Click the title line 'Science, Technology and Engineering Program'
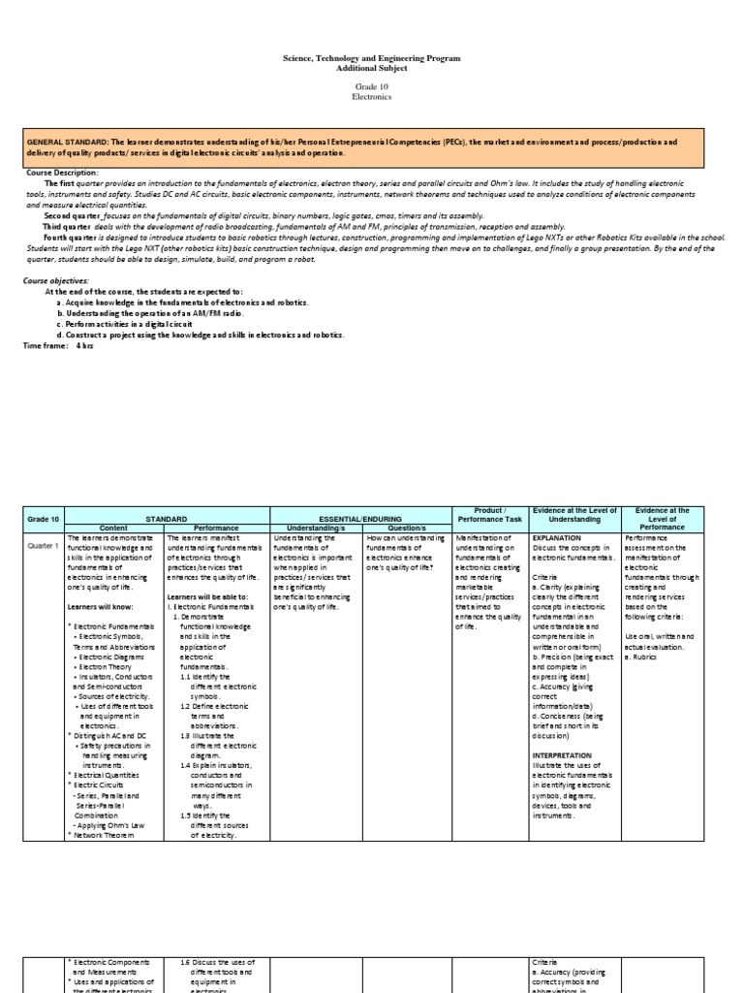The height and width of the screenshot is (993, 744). [372, 59]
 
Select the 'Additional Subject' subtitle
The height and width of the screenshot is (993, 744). [372, 69]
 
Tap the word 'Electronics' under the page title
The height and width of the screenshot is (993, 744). [372, 98]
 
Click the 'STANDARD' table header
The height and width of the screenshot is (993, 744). [166, 519]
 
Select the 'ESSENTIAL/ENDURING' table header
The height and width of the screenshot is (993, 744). [357, 519]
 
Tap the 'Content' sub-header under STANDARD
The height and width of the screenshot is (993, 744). [112, 529]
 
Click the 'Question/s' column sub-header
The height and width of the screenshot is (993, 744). [404, 529]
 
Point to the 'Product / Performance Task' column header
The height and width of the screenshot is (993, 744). [488, 514]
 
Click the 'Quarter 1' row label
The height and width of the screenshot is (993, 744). [42, 547]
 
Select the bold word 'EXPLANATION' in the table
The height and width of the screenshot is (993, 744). [557, 537]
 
